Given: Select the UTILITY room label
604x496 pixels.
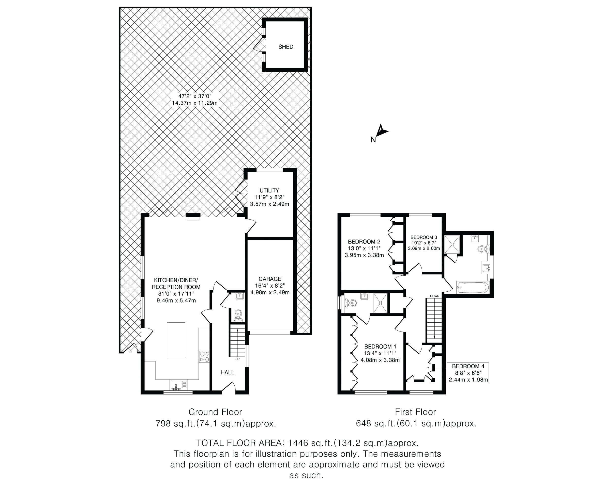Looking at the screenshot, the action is (269, 191).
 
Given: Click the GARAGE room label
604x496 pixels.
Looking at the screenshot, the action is (270, 279).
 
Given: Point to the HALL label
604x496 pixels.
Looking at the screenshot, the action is (227, 372).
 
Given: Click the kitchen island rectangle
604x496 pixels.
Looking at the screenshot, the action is (176, 340).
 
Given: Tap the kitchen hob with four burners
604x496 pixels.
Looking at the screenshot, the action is (204, 357).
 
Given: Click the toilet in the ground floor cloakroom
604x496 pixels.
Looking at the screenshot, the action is (238, 316).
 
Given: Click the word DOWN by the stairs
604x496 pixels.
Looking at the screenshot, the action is (435, 296).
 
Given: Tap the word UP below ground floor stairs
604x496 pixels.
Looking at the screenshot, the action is (237, 359).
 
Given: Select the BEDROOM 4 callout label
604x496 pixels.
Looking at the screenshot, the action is (468, 373).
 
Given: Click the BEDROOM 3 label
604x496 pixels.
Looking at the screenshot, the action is (424, 237).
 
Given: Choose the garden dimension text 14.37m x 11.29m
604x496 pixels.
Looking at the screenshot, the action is (194, 103).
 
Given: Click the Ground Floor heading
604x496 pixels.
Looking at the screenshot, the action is (215, 412).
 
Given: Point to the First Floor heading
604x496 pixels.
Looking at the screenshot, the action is (415, 412).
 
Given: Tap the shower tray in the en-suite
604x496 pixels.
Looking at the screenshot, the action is (380, 303).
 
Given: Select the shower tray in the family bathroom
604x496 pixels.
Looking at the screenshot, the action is (452, 244).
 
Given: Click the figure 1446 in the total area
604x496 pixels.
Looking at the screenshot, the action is (298, 443).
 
